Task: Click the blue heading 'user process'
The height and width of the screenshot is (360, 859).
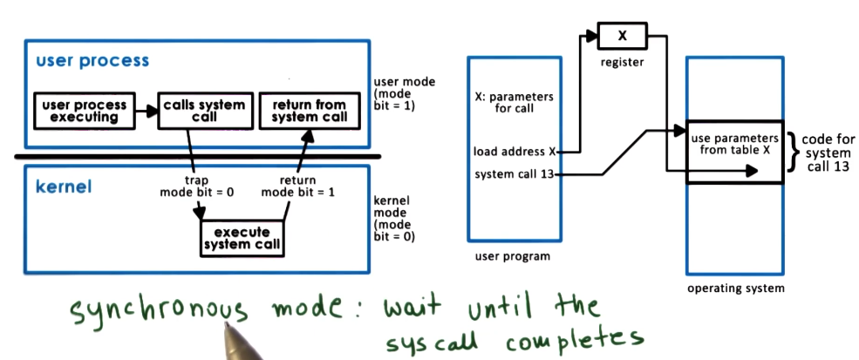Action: pyautogui.click(x=92, y=61)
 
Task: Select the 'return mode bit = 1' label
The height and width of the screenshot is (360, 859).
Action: pyautogui.click(x=298, y=186)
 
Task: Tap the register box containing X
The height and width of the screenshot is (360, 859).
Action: pyautogui.click(x=621, y=37)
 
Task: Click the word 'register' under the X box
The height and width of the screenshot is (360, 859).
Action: pyautogui.click(x=621, y=64)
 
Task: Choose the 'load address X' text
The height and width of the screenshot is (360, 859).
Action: pyautogui.click(x=512, y=150)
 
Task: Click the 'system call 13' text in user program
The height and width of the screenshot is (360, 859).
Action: pyautogui.click(x=514, y=174)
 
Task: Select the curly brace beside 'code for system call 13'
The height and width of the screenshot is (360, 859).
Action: pyautogui.click(x=792, y=152)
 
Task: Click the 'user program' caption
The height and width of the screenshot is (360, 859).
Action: pyautogui.click(x=512, y=256)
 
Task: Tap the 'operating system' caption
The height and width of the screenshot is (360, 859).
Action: pyautogui.click(x=735, y=288)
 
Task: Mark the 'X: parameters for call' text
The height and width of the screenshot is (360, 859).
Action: pyautogui.click(x=512, y=101)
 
